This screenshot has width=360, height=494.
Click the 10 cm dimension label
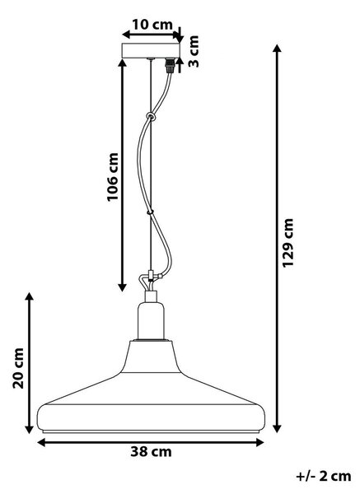(152, 25)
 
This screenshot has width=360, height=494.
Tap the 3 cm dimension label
(194, 51)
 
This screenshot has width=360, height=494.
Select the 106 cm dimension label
(113, 177)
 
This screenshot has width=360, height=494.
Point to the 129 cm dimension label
(288, 243)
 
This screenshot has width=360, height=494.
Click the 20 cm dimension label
(18, 368)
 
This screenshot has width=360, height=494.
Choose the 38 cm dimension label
(152, 452)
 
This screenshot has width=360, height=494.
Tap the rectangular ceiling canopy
(151, 50)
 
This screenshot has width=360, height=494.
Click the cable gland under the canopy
(171, 65)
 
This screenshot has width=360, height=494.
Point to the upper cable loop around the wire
(152, 117)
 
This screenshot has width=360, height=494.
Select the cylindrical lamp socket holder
(151, 320)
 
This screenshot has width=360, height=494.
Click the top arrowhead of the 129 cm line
(277, 49)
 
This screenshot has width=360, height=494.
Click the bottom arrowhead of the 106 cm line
(122, 287)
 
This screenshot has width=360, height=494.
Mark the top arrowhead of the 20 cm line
(30, 297)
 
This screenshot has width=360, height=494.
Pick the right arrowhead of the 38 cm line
(259, 443)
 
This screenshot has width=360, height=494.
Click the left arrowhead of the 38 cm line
(42, 443)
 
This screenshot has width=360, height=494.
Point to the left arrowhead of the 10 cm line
(127, 35)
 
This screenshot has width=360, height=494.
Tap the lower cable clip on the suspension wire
(151, 212)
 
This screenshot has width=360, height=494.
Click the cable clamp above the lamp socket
(151, 277)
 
